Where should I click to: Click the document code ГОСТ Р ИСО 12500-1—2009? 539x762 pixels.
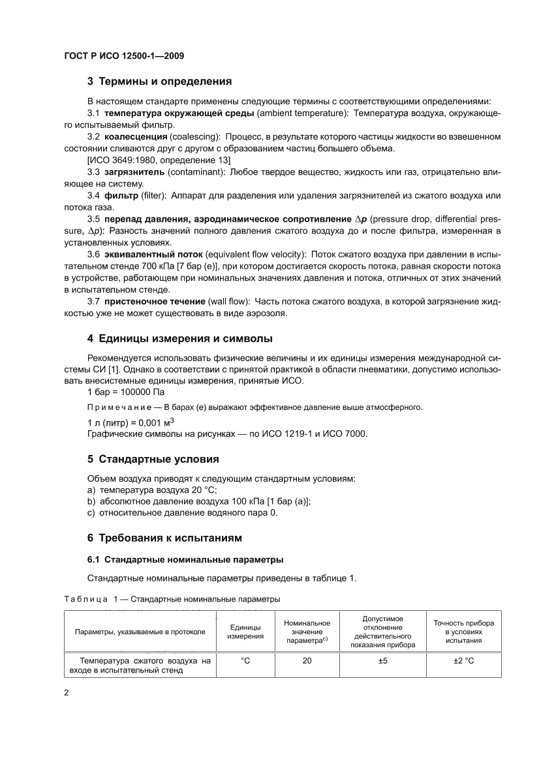(x=124, y=56)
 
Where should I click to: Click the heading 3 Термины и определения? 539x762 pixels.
(x=160, y=82)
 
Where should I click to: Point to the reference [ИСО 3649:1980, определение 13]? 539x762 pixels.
(x=158, y=160)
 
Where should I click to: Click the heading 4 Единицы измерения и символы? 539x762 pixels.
(x=179, y=338)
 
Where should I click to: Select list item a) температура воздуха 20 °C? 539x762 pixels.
(x=151, y=490)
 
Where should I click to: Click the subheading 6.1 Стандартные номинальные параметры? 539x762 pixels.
(x=185, y=559)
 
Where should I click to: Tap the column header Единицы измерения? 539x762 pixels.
(x=245, y=632)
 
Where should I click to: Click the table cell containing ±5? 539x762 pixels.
(x=383, y=660)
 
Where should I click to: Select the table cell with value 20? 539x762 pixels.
(x=307, y=660)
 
